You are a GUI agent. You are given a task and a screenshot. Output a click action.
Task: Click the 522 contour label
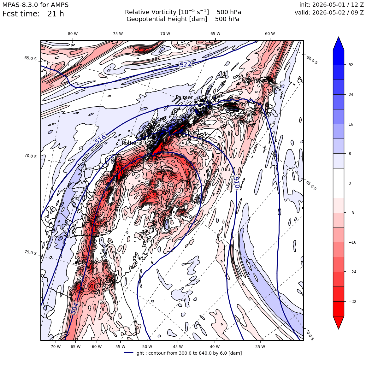pos(186,64)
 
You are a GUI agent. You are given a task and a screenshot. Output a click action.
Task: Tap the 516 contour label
pos(101,139)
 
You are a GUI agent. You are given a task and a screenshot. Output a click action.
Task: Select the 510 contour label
pos(236,183)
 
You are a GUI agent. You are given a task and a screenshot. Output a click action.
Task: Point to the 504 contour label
pos(75,308)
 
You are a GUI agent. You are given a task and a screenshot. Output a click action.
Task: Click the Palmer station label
pos(184,97)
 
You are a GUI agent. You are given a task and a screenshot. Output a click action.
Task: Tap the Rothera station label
pos(132,143)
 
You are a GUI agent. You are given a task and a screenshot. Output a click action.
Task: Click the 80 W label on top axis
pos(73,34)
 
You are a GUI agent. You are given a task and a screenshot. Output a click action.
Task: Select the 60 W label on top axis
pos(270,34)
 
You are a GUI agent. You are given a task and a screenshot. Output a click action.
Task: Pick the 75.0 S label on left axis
pos(31,252)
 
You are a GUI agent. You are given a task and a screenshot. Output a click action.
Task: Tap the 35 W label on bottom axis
pos(260,347)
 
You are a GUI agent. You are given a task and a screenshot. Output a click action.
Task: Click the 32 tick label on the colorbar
pos(351,65)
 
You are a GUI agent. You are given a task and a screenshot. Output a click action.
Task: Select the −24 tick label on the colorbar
pos(352,272)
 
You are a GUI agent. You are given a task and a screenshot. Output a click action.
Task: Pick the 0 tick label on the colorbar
pos(350,183)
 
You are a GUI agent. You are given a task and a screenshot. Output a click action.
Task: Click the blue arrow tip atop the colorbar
pos(339,37)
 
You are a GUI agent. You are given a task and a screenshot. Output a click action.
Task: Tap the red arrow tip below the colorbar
pos(339,329)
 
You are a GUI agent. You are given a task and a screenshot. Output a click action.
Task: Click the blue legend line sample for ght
pos(129,352)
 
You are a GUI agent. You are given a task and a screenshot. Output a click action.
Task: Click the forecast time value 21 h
pos(56,14)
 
